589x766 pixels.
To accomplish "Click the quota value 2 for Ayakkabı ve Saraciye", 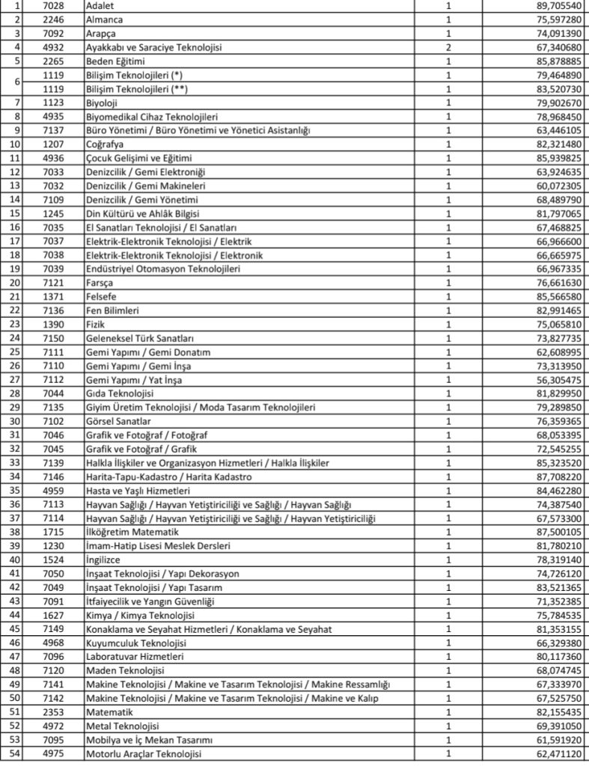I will pyautogui.click(x=448, y=46).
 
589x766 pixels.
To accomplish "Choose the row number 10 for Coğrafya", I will pyautogui.click(x=16, y=144).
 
